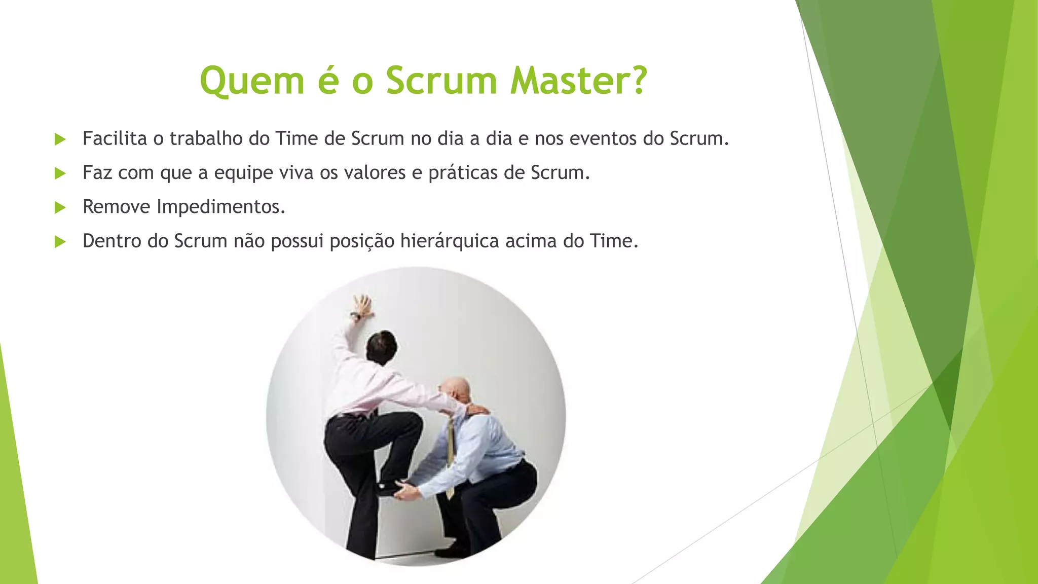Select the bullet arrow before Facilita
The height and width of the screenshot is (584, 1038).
click(60, 139)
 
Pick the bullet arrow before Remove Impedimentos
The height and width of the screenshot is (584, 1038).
click(60, 207)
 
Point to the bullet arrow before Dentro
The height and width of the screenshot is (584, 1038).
click(60, 241)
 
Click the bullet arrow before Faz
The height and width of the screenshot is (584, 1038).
click(60, 173)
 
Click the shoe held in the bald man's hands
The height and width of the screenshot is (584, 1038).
click(390, 488)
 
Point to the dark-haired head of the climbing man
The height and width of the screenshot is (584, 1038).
click(382, 346)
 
